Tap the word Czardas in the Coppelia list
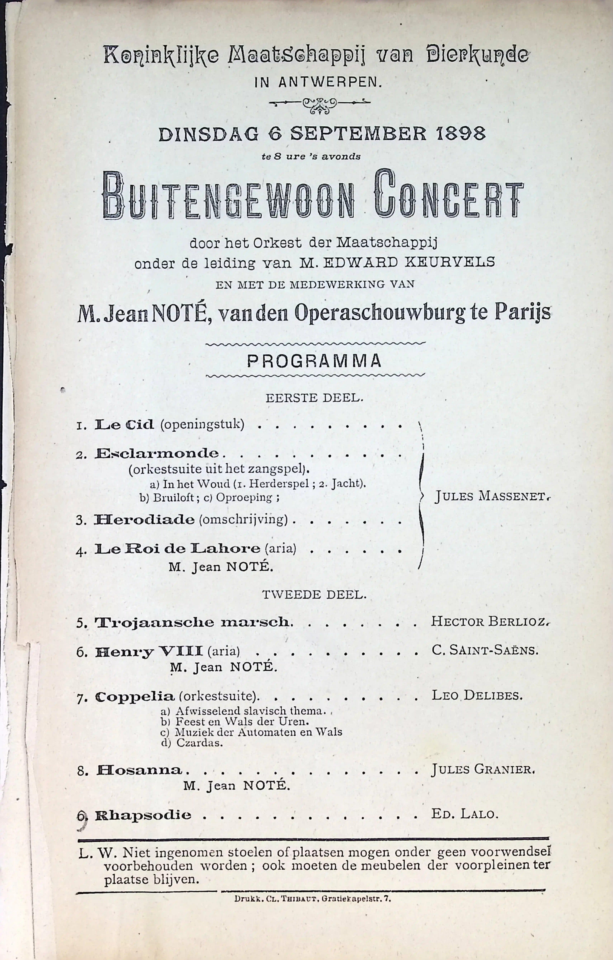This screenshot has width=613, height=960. [199, 743]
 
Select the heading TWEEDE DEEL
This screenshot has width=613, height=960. [314, 595]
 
